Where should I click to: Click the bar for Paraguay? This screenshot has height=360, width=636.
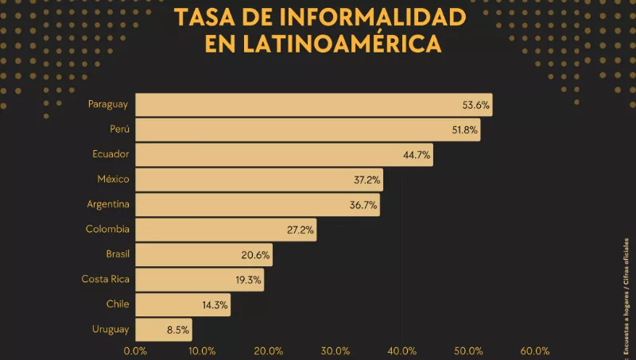[x=314, y=105]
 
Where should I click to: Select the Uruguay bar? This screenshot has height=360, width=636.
[x=164, y=330]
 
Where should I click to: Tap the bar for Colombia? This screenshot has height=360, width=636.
[x=226, y=230]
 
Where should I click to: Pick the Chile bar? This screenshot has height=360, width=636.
[x=183, y=304]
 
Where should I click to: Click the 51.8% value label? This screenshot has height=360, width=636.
[x=464, y=130]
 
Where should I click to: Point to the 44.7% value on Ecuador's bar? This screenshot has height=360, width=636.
[x=417, y=155]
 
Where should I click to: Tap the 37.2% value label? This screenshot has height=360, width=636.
[x=366, y=180]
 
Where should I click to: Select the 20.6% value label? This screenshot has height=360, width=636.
[x=256, y=256]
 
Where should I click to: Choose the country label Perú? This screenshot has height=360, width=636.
[x=120, y=129]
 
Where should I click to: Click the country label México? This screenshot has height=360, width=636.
[x=114, y=179]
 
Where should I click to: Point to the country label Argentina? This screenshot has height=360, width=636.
[x=108, y=204]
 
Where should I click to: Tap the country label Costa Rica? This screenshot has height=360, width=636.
[x=105, y=279]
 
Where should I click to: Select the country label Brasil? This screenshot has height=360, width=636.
[x=117, y=254]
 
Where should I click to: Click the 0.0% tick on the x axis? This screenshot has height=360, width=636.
[x=136, y=350]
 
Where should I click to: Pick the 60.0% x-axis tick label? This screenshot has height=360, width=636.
[x=535, y=350]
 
